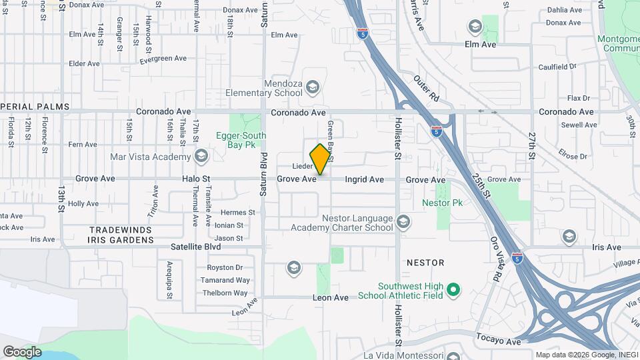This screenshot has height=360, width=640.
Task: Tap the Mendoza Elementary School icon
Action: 312,87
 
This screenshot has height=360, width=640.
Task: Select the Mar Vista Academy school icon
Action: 201,157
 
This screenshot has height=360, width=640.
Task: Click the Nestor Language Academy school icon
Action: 403,221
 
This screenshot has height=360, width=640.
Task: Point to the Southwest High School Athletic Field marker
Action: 453,289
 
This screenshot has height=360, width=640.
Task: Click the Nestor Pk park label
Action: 442,203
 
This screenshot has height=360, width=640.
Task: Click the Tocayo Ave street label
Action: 499,341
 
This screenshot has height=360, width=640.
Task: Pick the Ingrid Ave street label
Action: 364,179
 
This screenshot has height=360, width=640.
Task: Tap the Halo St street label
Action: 196,179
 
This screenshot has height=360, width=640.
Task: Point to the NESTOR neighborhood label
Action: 425,263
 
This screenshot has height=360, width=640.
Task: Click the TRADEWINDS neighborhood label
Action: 121,229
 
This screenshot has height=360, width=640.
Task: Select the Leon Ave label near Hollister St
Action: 331,298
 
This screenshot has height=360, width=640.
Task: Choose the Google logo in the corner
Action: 22,351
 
